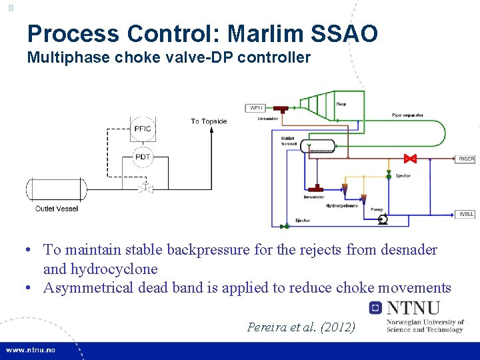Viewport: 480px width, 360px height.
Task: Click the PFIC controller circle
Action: (x=143, y=129)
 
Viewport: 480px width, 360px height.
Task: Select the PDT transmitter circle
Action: (x=143, y=157)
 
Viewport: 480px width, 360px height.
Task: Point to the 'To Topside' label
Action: (x=209, y=121)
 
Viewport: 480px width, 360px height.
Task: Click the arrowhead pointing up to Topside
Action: (x=212, y=130)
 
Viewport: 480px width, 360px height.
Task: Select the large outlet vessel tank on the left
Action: (x=56, y=189)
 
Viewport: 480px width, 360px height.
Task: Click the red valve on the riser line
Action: (x=411, y=159)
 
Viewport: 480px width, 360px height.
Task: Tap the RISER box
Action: (x=466, y=159)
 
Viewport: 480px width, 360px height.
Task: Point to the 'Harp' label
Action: (x=341, y=104)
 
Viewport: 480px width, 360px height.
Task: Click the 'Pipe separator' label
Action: (x=407, y=115)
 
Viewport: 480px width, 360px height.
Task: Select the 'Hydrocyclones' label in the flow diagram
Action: (x=341, y=206)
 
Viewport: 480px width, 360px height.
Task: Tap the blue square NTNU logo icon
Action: (x=375, y=308)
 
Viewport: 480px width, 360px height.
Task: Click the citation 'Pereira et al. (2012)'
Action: (x=301, y=327)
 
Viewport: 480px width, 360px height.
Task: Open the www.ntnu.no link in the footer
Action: (x=32, y=350)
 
